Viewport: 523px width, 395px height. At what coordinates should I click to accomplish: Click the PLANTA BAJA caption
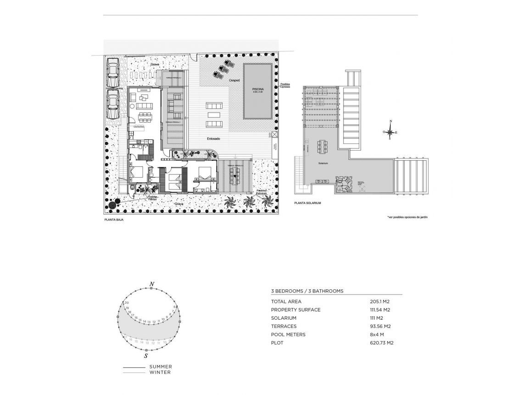pyautogui.click(x=114, y=220)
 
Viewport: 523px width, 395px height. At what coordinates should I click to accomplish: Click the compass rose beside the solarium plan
pyautogui.click(x=390, y=132)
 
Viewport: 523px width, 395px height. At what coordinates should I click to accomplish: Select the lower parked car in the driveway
pyautogui.click(x=112, y=104)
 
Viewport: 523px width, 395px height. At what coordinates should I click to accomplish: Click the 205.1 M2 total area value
pyautogui.click(x=379, y=302)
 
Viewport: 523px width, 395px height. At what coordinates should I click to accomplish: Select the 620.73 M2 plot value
pyautogui.click(x=382, y=343)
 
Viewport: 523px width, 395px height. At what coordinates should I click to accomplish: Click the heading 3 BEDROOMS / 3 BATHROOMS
pyautogui.click(x=307, y=291)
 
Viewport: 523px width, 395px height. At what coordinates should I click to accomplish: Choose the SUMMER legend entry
pyautogui.click(x=161, y=367)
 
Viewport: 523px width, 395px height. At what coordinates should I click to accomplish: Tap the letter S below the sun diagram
pyautogui.click(x=146, y=355)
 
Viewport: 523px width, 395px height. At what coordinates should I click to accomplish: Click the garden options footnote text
pyautogui.click(x=407, y=217)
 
